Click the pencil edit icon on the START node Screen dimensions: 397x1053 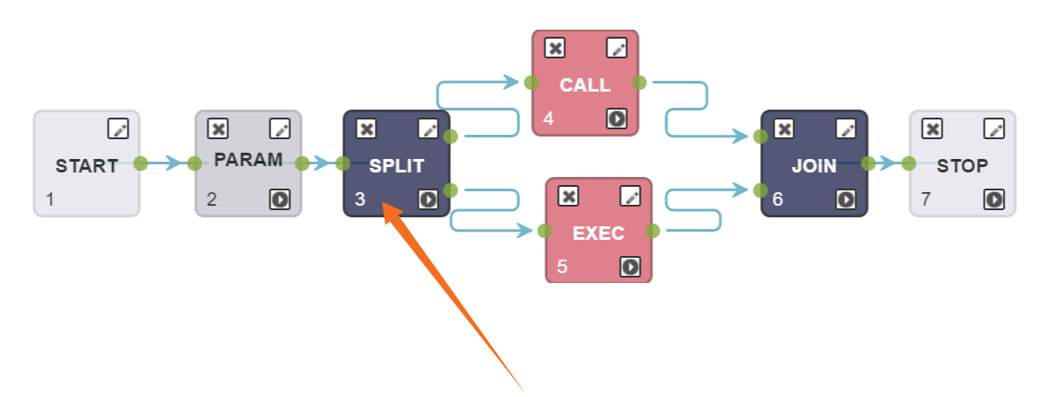[118, 128]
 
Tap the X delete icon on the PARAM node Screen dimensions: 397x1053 [217, 128]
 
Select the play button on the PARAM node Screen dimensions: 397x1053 [279, 199]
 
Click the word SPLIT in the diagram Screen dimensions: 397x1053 [396, 166]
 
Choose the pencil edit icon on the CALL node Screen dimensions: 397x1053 [616, 48]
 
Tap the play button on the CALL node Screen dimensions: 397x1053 [616, 119]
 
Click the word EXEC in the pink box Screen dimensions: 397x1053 [598, 234]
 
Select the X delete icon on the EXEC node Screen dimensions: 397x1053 [568, 196]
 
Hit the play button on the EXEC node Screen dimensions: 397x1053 [630, 267]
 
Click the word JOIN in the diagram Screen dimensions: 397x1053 [814, 166]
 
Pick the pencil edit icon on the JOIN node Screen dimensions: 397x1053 [845, 128]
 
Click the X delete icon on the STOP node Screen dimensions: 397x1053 [932, 128]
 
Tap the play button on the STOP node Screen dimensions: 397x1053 [994, 199]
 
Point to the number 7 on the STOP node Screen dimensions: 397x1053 [925, 199]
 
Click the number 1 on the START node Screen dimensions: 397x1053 [49, 199]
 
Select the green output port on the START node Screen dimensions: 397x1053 [140, 163]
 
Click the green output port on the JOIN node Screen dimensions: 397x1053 [868, 163]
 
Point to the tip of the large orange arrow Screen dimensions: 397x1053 [385, 206]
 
